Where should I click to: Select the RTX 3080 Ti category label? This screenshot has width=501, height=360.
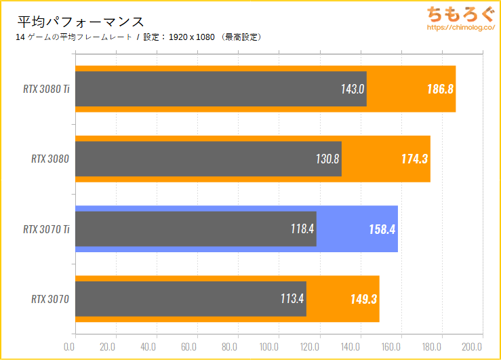[45, 89]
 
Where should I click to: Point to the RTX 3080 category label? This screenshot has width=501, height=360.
[51, 159]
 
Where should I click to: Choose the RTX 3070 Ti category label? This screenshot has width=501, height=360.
[45, 228]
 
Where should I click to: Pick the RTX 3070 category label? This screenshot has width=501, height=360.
[51, 298]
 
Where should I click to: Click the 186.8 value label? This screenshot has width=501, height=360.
[440, 89]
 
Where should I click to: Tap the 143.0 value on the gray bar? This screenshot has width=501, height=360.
[353, 89]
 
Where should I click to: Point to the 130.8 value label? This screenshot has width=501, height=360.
[327, 159]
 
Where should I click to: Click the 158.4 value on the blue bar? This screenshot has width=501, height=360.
[382, 228]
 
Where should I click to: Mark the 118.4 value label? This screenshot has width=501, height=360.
[302, 228]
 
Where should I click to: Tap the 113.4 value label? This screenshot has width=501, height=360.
[292, 298]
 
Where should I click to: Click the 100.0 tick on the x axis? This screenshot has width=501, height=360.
[268, 347]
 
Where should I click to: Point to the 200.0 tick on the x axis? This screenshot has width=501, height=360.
[473, 347]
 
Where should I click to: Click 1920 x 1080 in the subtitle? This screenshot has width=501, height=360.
[192, 37]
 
